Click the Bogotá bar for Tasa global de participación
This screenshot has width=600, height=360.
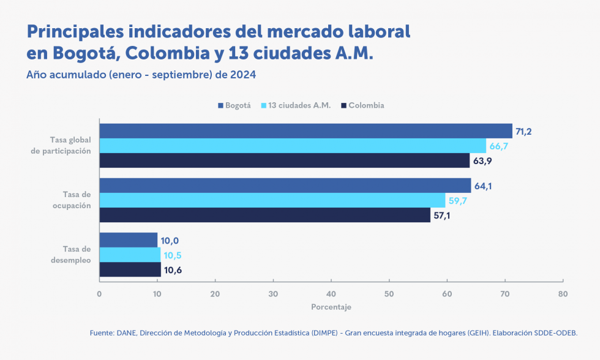pos(306,130)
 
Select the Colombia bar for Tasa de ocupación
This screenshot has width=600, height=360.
pos(264,215)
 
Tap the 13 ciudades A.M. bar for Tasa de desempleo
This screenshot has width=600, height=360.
pos(130,255)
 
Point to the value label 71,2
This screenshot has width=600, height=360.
pos(525,131)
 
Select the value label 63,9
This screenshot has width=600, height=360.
pos(482,161)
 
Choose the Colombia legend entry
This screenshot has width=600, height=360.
pos(366,105)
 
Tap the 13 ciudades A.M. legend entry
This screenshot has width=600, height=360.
pos(300,105)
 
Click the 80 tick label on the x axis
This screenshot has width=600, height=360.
pos(563,293)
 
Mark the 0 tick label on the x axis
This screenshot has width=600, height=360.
pos(99,293)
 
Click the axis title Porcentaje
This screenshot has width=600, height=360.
pos(331,307)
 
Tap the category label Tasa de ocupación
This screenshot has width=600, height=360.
pos(72,200)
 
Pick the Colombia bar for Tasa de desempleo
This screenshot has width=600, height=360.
pos(130,269)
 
